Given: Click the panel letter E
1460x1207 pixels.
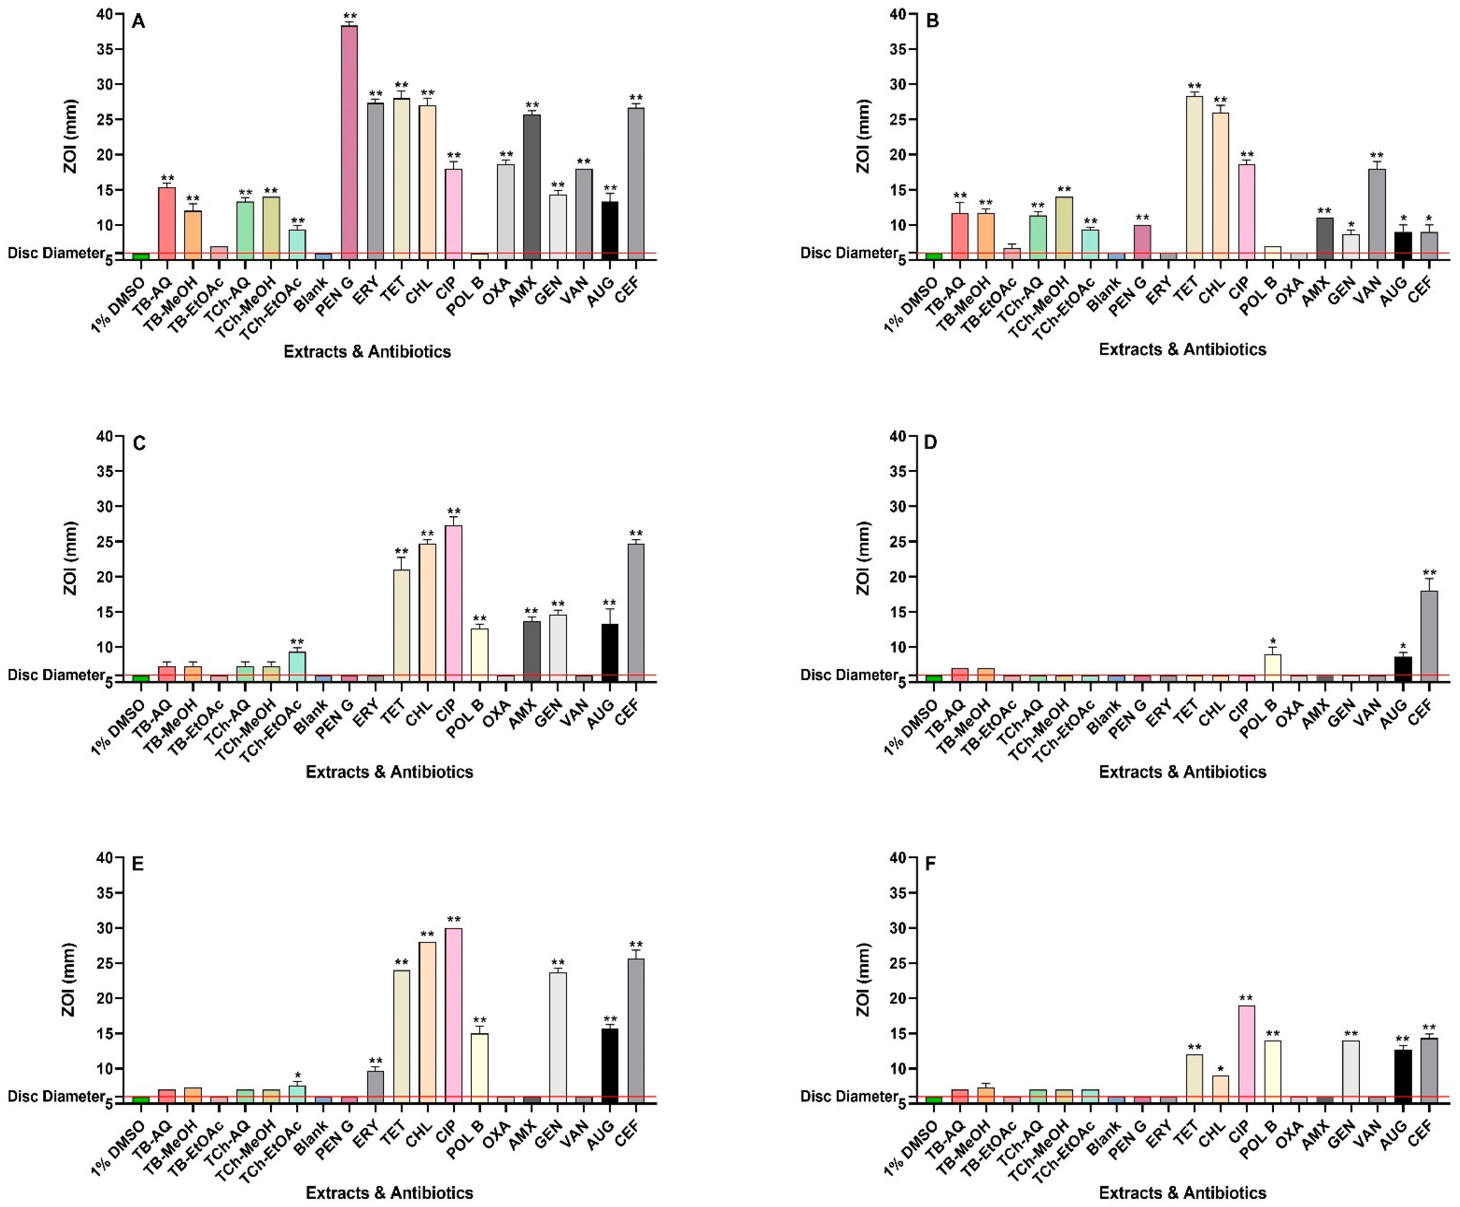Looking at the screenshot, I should [138, 864].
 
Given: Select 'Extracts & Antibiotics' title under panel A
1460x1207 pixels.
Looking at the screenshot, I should [367, 352].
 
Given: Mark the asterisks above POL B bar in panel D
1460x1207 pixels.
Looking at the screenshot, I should [1272, 642].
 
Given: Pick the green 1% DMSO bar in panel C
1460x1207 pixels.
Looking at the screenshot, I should [141, 678].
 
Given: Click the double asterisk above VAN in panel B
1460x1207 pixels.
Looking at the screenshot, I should [1376, 156].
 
